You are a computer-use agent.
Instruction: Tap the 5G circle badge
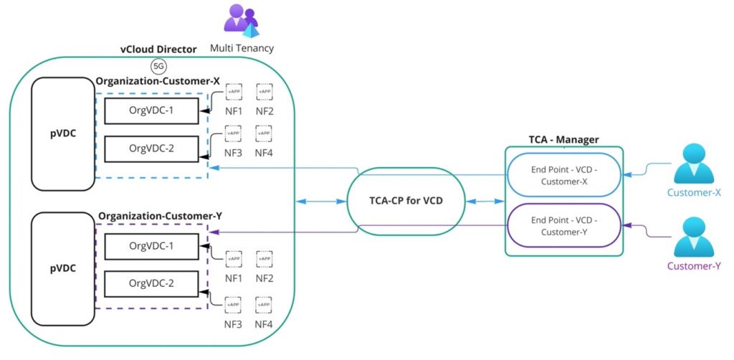pyautogui.click(x=158, y=67)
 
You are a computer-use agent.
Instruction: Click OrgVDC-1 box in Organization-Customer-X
pyautogui.click(x=151, y=111)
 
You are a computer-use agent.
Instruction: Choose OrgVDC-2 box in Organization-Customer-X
pyautogui.click(x=151, y=148)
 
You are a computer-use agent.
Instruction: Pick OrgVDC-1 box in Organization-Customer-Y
pyautogui.click(x=151, y=247)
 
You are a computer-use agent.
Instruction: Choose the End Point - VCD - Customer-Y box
pyautogui.click(x=564, y=226)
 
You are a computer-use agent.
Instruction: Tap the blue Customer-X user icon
pyautogui.click(x=693, y=164)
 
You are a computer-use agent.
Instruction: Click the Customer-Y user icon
pyautogui.click(x=693, y=239)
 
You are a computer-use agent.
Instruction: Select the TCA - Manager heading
pyautogui.click(x=563, y=138)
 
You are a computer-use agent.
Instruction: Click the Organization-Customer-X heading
pyautogui.click(x=158, y=82)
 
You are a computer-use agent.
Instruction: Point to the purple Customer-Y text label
pyautogui.click(x=693, y=267)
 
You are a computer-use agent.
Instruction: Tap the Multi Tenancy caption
pyautogui.click(x=242, y=48)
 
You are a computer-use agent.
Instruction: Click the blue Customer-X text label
pyautogui.click(x=693, y=193)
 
